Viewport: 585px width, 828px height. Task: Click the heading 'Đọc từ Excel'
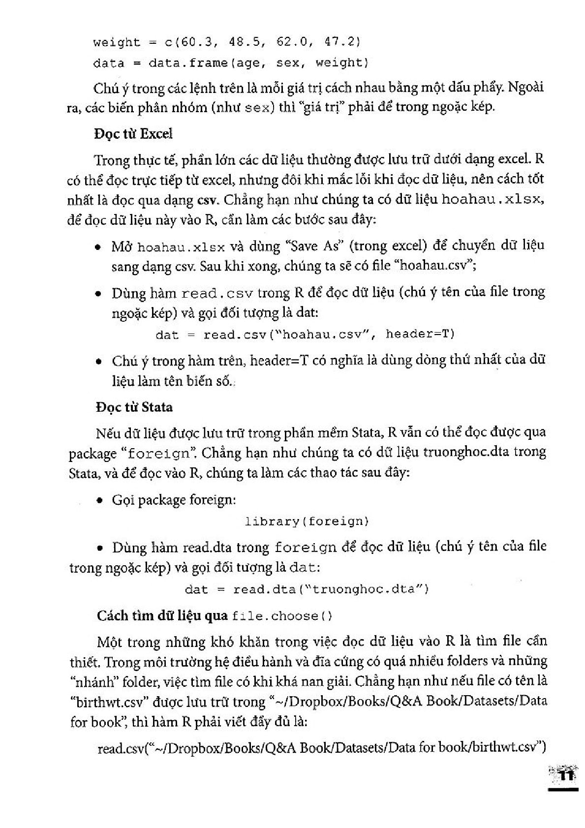click(133, 134)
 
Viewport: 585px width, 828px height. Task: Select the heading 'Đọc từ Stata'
click(134, 407)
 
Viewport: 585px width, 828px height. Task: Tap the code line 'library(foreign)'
click(307, 521)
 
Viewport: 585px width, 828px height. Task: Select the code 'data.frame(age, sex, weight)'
click(258, 63)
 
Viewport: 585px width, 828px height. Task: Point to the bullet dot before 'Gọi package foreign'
click(100, 501)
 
